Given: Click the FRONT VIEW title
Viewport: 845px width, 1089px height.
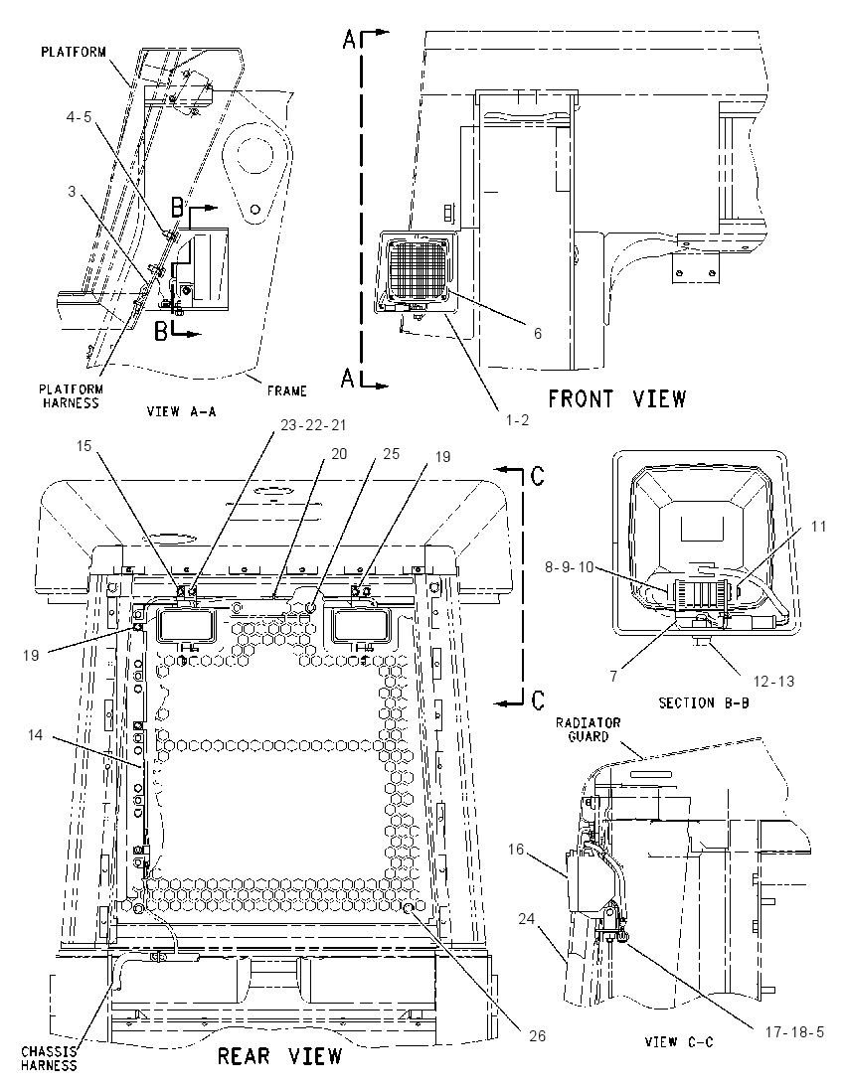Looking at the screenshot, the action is [x=617, y=399].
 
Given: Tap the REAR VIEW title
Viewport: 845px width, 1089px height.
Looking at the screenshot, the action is [x=280, y=1056].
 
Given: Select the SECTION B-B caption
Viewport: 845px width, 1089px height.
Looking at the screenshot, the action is [x=704, y=702].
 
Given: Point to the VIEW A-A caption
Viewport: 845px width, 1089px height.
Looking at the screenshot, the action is [x=181, y=411].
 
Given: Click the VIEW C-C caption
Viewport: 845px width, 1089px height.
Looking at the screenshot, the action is [x=678, y=1041].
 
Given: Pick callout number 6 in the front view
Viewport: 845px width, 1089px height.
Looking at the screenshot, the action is [x=538, y=334].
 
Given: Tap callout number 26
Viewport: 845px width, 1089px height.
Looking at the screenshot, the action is [x=537, y=1035].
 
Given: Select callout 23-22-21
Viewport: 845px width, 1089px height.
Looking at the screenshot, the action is [x=313, y=425].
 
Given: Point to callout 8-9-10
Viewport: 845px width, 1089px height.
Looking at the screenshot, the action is [x=569, y=567].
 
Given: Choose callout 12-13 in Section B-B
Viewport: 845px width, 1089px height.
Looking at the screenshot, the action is [x=773, y=682].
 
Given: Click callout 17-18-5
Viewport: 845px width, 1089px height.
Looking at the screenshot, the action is [x=794, y=1032].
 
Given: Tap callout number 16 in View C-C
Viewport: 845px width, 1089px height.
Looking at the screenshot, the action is [x=516, y=849].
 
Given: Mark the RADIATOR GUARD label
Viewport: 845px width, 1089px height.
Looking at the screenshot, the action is [x=588, y=730].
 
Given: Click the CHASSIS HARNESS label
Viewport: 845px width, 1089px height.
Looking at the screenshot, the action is [x=49, y=1058].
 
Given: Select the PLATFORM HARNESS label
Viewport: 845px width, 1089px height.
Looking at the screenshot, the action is [x=71, y=395].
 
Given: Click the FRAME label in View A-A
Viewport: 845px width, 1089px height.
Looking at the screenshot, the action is [x=287, y=391].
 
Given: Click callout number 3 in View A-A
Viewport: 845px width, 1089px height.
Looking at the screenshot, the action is [x=72, y=191].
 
